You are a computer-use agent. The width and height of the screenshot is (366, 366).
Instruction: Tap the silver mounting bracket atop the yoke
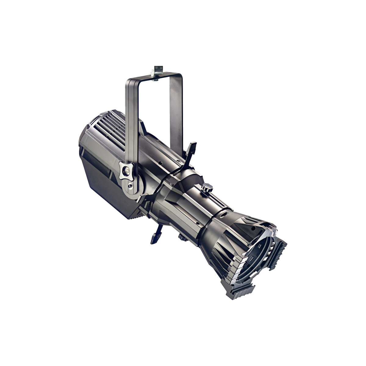click(158, 70)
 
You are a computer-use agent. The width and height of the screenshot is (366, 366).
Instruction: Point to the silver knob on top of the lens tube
click(207, 187)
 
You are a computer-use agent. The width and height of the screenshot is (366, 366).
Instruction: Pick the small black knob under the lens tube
click(183, 237)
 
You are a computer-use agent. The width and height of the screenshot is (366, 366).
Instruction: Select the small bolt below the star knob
click(131, 186)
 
